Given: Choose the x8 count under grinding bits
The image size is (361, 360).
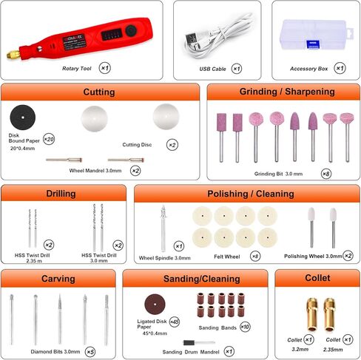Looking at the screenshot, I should pos(326,174).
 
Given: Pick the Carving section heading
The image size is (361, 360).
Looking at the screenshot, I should pos(58,279).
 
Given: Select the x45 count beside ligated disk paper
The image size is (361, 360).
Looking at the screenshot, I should pos(175,322).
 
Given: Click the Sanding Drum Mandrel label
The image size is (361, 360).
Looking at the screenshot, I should pos(190,352).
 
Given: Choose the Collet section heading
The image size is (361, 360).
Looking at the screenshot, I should pos(317,279).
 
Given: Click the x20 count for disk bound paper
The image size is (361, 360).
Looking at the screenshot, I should pos(49,139).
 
